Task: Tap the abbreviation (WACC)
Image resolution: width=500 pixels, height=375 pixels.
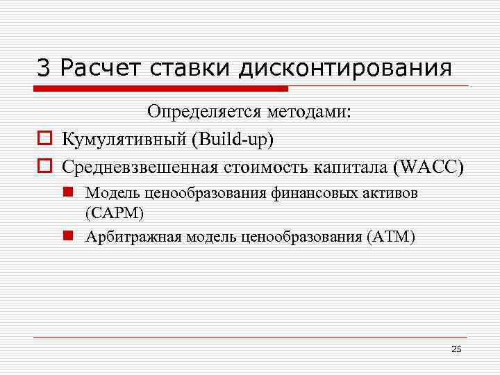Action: tap(426, 167)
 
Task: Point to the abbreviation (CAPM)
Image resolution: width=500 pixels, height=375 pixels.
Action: tap(115, 212)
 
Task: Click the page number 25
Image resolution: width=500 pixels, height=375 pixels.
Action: tap(456, 349)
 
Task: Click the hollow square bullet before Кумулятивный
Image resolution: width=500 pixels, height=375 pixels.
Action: tap(42, 140)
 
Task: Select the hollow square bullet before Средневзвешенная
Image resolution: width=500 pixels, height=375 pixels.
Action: tap(42, 167)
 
